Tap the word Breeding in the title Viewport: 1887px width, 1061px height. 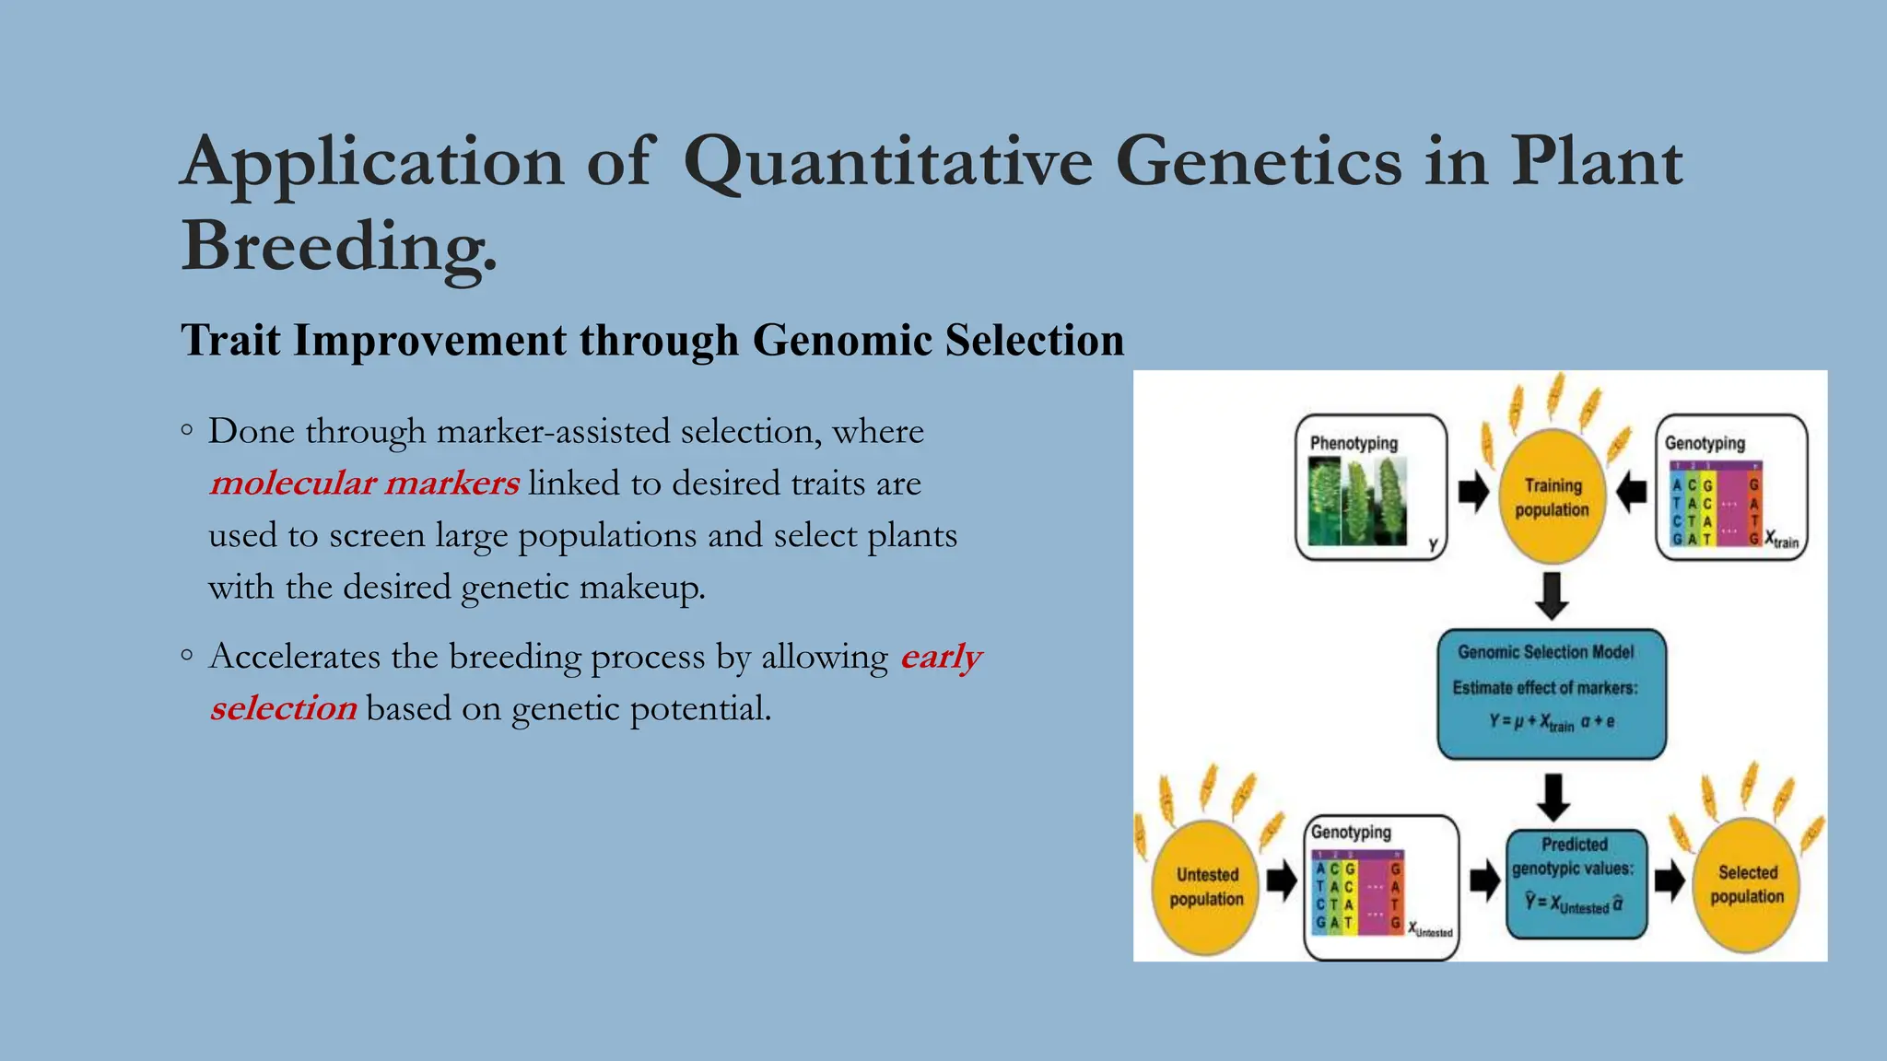coord(338,247)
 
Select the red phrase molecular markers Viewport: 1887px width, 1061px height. coord(364,484)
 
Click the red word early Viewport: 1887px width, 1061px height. coord(941,658)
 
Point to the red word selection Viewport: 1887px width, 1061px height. coord(283,709)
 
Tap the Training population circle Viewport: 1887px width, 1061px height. coord(1553,497)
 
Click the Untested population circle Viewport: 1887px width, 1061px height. coord(1206,886)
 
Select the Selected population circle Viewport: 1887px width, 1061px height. coord(1747,884)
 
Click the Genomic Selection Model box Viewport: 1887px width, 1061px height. coord(1552,694)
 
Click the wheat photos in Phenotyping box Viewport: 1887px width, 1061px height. coord(1358,501)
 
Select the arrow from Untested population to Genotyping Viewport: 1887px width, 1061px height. coord(1282,881)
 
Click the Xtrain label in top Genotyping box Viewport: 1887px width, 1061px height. coord(1781,540)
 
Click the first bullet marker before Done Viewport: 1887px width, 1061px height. coord(187,430)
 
